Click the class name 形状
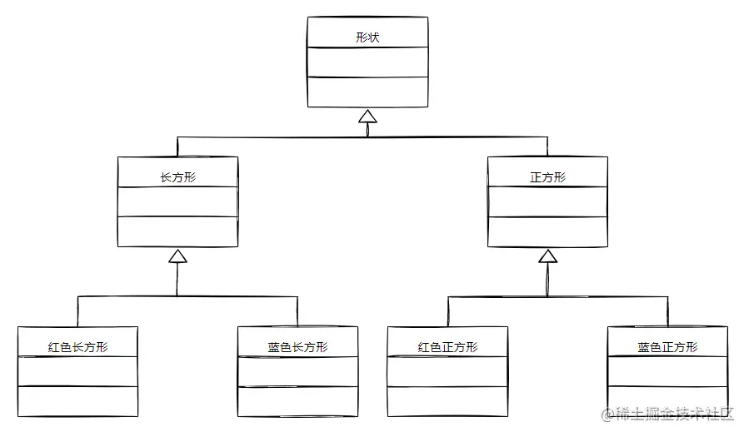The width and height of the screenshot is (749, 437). (367, 37)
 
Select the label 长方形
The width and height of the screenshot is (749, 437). (177, 177)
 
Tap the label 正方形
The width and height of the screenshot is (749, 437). (547, 177)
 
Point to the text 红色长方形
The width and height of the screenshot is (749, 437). (77, 347)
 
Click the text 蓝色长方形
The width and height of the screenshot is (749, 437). (297, 347)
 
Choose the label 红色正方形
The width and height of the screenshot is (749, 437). (447, 347)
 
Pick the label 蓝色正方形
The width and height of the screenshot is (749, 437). (667, 347)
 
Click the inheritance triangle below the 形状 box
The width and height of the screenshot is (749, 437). (367, 117)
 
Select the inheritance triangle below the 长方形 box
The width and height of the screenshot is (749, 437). (177, 256)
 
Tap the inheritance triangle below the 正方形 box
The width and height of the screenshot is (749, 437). (547, 256)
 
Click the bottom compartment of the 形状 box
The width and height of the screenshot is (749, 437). (367, 92)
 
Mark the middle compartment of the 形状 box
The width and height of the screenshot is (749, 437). (367, 62)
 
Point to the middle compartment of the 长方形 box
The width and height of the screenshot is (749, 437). (177, 201)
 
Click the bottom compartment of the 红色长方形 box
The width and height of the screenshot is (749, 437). (77, 401)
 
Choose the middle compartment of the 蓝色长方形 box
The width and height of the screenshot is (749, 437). (297, 371)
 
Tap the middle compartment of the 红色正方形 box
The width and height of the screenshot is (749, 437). (447, 371)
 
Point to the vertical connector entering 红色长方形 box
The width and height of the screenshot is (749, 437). (77, 311)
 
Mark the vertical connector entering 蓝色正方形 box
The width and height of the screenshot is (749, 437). (667, 311)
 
